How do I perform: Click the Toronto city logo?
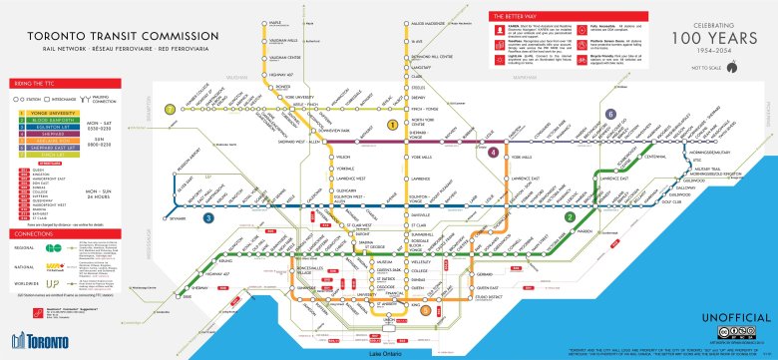[x=33, y=339]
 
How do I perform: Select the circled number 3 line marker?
[x=207, y=216]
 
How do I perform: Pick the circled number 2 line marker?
[x=570, y=216]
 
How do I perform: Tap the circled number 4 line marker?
[x=494, y=152]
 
